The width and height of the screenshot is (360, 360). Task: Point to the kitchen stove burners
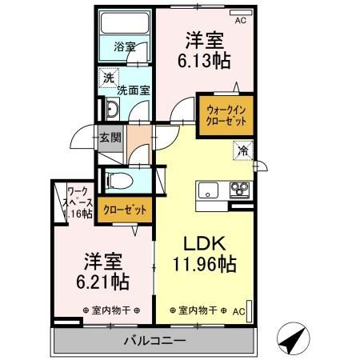click(239, 190)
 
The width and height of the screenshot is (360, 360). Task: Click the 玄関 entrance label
click(110, 137)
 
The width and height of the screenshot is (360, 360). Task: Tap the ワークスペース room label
click(78, 202)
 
